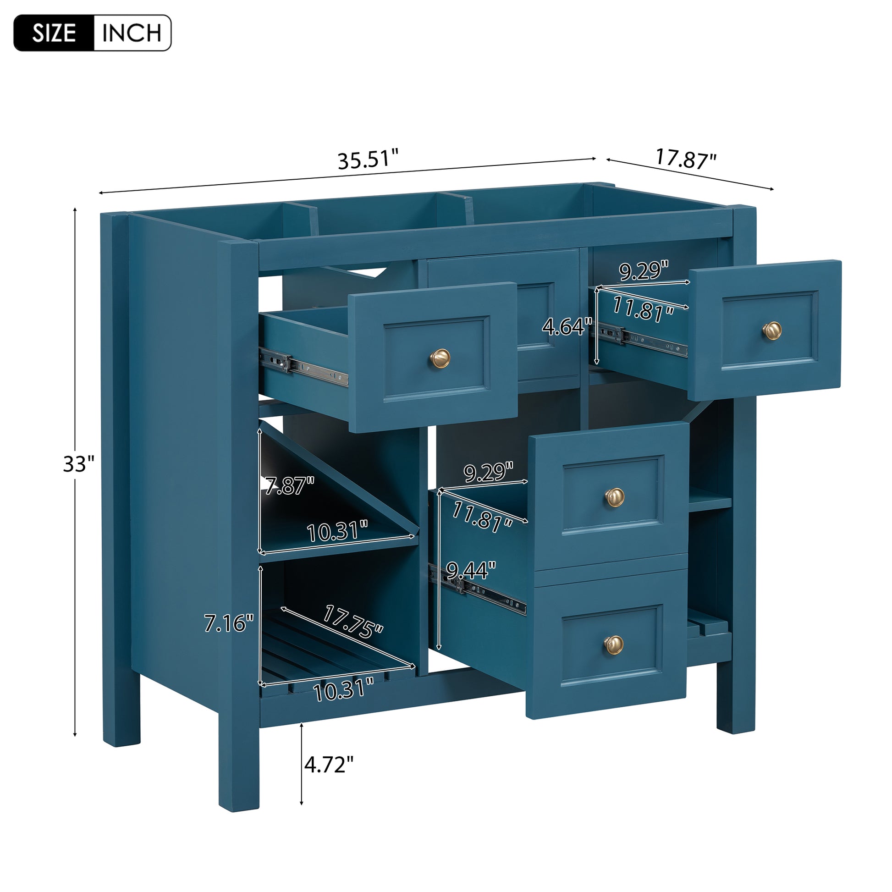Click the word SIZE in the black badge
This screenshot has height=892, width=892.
pos(54,33)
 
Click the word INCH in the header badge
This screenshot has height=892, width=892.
pos(132,33)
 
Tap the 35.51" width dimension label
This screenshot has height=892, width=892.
pos(368,160)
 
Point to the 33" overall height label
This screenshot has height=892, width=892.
pos(78,464)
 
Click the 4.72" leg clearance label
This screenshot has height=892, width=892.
pos(329,765)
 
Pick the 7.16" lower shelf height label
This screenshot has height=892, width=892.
pos(229,624)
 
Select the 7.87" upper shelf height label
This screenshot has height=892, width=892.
pos(290,486)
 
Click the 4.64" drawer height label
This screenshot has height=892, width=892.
pos(567,327)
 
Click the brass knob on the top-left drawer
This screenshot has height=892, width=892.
pos(440,358)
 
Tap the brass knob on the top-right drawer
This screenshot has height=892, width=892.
pos(771,330)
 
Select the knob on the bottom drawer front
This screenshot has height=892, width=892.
pos(614,644)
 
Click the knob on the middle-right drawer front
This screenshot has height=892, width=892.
pos(615,497)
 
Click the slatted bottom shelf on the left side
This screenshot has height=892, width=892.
pos(323,655)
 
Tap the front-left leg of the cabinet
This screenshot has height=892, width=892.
pos(238,757)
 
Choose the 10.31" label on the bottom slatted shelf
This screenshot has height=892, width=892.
pos(343,691)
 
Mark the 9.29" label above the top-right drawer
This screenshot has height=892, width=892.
pos(644,270)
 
